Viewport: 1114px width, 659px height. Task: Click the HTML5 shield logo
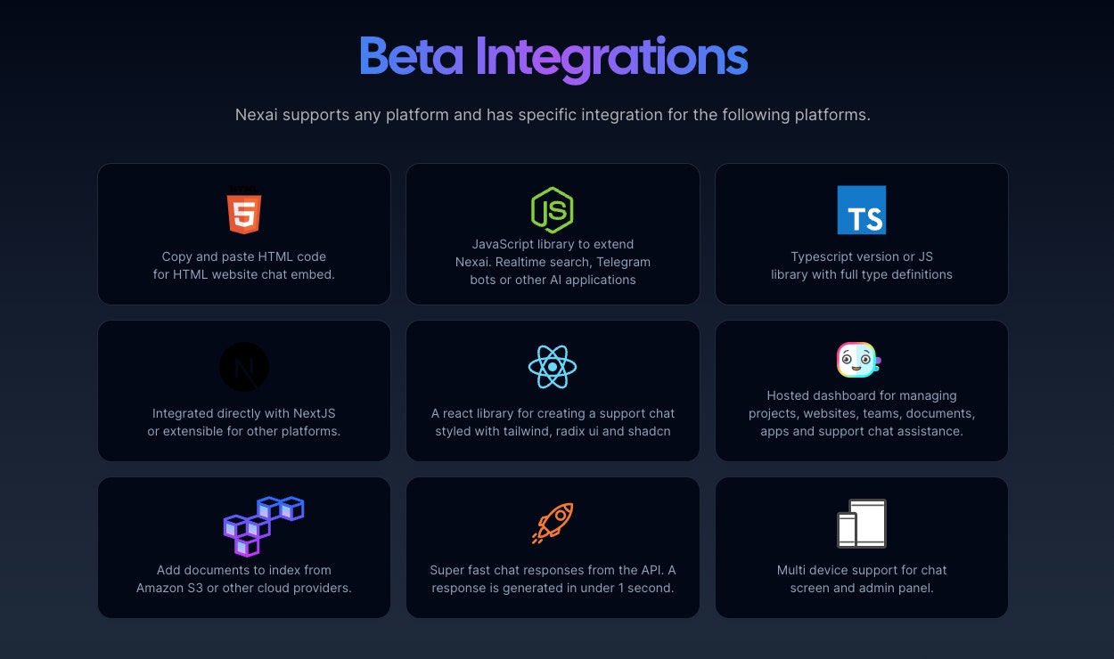coord(243,211)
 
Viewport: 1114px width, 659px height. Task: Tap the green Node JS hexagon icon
coord(553,210)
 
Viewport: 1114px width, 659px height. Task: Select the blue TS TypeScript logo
coord(862,210)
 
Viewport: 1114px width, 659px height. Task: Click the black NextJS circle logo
coord(244,367)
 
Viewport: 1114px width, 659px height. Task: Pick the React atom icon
coord(553,367)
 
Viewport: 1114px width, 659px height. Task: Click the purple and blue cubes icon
coord(263,525)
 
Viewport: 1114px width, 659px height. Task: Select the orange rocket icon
coord(553,524)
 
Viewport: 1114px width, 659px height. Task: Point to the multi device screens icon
coord(862,524)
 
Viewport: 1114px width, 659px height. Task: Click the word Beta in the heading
coord(411,56)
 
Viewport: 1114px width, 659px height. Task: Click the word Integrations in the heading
coord(611,58)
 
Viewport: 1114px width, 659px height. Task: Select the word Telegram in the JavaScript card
coord(624,262)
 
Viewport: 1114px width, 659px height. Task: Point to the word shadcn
coord(649,431)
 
